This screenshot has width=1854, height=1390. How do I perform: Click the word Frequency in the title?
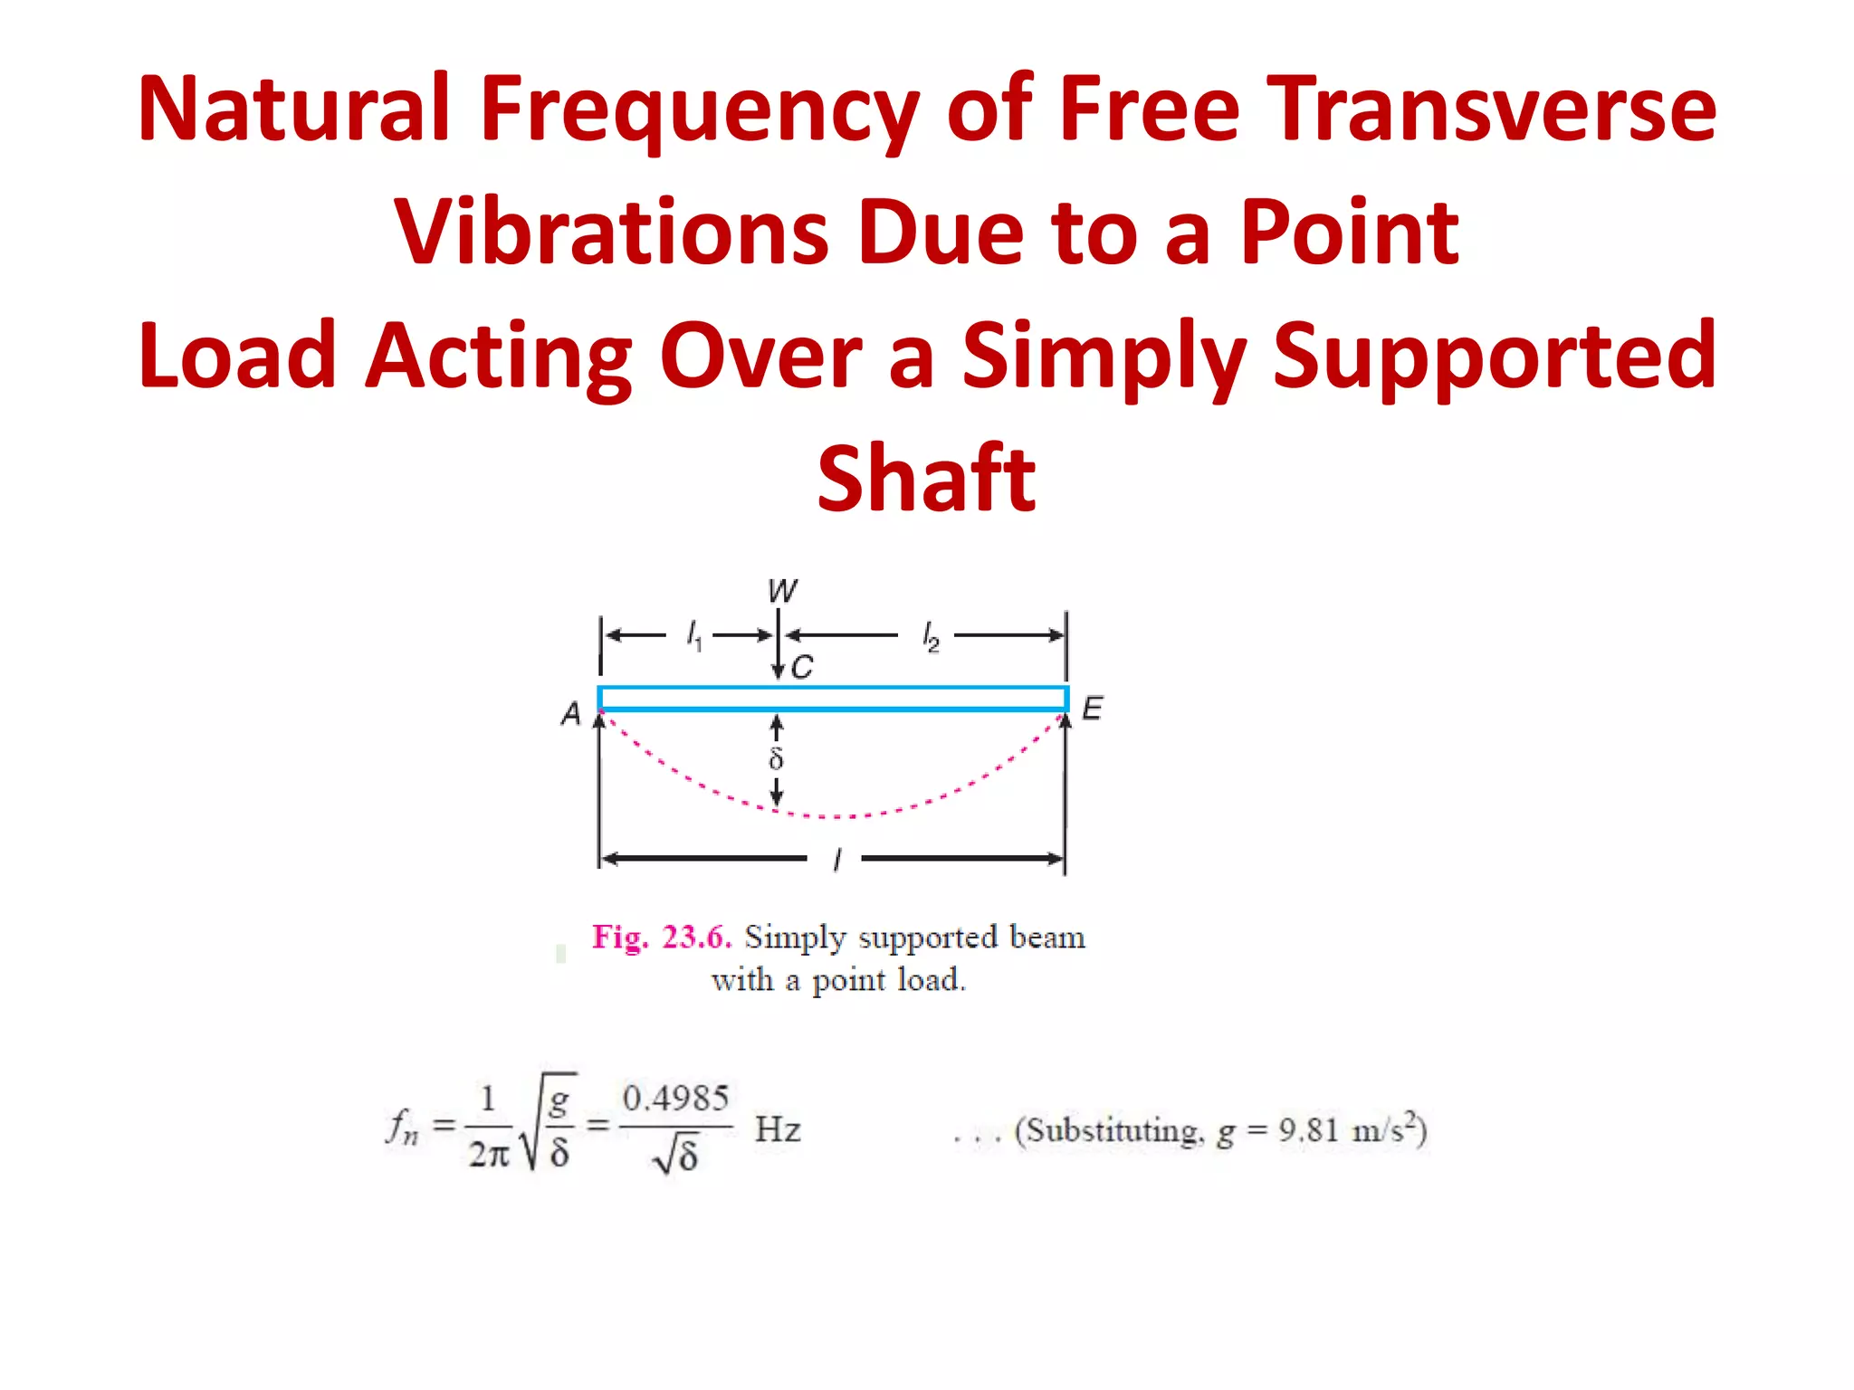698,109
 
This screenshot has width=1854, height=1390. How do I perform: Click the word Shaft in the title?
926,479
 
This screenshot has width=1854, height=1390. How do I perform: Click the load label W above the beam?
782,591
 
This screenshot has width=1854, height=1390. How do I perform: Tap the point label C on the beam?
802,668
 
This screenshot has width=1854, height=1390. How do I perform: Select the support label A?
570,714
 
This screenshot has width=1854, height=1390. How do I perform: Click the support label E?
1093,708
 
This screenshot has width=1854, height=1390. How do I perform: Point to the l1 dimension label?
694,634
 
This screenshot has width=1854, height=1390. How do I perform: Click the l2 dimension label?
931,636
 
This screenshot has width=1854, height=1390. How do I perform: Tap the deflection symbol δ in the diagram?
776,758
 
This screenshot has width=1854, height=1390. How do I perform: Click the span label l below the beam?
837,859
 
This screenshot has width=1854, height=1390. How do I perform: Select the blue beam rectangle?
833,699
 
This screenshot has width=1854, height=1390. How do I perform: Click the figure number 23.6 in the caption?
695,938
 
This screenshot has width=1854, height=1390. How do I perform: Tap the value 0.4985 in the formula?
675,1099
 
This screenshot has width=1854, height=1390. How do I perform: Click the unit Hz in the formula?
778,1129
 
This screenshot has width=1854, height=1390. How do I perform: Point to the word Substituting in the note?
1115,1131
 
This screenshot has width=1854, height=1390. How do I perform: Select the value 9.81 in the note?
1308,1129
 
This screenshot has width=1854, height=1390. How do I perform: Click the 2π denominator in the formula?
489,1154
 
